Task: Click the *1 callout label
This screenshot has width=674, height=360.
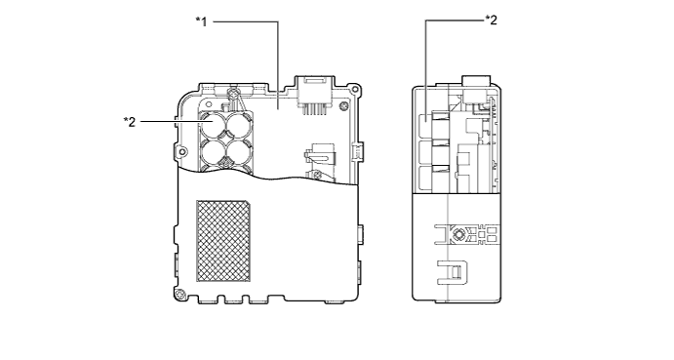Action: point(201,21)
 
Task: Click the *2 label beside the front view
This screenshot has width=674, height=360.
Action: point(130,122)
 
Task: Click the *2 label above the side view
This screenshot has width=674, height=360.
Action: point(491,20)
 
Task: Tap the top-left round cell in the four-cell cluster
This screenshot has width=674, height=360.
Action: point(213,123)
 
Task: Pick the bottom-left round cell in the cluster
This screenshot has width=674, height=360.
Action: point(213,151)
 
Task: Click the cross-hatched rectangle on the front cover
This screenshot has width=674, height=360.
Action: point(223,241)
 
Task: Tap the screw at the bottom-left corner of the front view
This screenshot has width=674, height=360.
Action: point(179,295)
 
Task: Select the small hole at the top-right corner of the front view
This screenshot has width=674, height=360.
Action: point(354,90)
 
